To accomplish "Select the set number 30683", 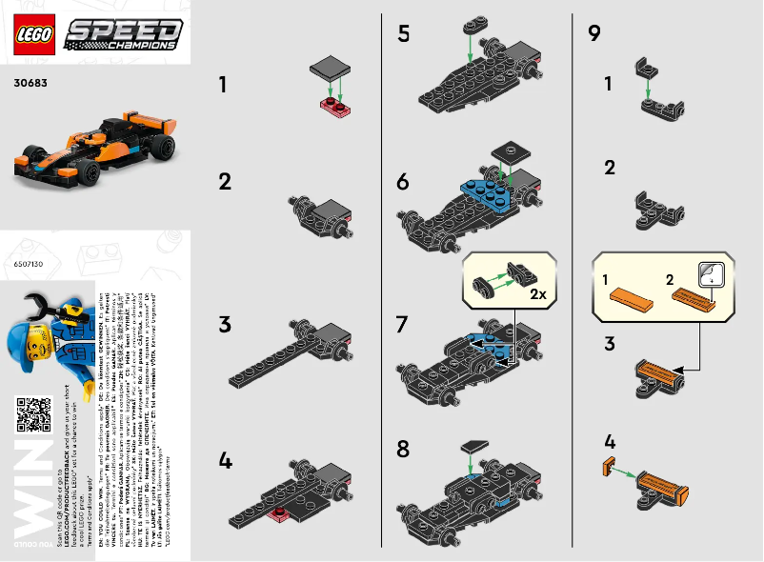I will click(30, 83).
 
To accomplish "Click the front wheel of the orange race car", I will click(90, 171).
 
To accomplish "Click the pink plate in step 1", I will click(335, 104).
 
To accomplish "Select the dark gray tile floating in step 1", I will click(330, 66).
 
